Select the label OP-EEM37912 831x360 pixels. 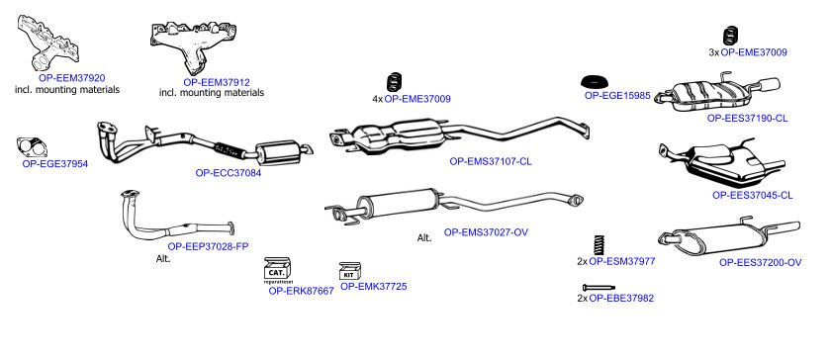(217, 82)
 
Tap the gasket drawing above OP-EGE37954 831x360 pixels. (32, 146)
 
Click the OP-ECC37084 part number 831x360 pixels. (228, 172)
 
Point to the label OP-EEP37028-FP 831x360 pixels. (208, 246)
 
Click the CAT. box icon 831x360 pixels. (278, 269)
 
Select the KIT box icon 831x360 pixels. (349, 270)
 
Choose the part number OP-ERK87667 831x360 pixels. (301, 290)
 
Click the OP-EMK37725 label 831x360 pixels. (373, 286)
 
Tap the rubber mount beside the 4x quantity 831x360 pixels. (395, 82)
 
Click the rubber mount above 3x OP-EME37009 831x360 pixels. (731, 36)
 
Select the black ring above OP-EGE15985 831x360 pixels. (595, 82)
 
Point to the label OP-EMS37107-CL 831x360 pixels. (491, 161)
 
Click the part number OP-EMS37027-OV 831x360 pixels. (486, 231)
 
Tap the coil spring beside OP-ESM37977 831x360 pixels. (599, 245)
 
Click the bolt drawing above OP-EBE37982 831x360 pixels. (599, 288)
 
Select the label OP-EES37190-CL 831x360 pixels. (747, 119)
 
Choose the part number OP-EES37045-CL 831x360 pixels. (753, 195)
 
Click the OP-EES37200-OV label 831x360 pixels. (760, 262)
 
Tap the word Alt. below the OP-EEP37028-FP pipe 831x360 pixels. (164, 259)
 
